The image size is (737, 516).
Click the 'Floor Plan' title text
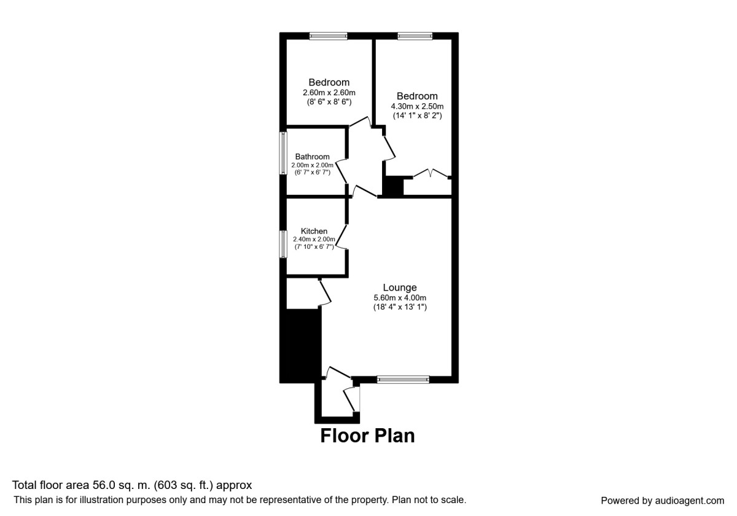tap(367, 436)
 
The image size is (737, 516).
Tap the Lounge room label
tap(400, 287)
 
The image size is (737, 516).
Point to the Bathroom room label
tap(312, 157)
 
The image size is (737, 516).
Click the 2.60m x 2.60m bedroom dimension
tap(329, 93)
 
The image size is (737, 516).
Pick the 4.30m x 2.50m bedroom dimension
tap(417, 106)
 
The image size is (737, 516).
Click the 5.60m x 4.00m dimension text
tap(400, 298)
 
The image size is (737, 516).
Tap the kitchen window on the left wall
tap(284, 244)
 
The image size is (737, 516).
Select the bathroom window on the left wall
tap(284, 153)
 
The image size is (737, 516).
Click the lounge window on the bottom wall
tap(403, 380)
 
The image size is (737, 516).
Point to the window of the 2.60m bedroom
tap(328, 36)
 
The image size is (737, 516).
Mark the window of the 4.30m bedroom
tap(415, 36)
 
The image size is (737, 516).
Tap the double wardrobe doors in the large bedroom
tap(430, 174)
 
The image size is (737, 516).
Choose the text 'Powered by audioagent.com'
tap(662, 501)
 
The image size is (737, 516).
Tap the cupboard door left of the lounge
tap(325, 292)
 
